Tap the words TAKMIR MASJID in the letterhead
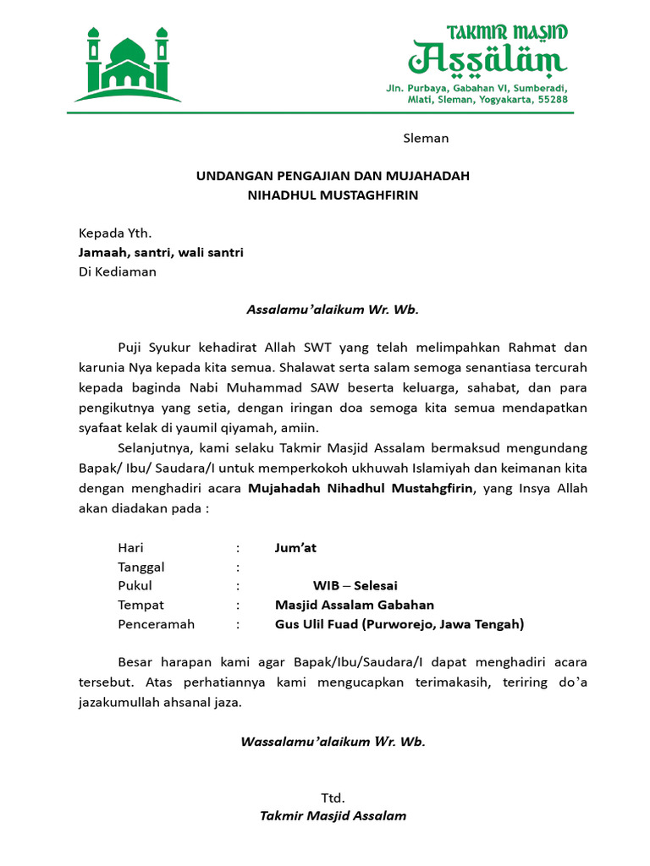[507, 33]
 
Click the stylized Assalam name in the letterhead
[487, 60]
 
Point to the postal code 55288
[551, 100]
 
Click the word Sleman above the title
[426, 138]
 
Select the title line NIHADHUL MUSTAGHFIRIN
[333, 195]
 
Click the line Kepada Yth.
[115, 233]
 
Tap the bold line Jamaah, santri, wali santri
[161, 253]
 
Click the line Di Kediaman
[118, 272]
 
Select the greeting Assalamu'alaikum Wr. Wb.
[333, 310]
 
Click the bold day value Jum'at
[295, 548]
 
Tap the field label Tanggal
[141, 567]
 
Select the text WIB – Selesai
[355, 585]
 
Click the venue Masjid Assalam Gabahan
[355, 605]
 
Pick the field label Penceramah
[157, 624]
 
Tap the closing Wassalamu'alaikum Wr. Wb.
[333, 742]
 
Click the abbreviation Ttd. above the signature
[333, 797]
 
